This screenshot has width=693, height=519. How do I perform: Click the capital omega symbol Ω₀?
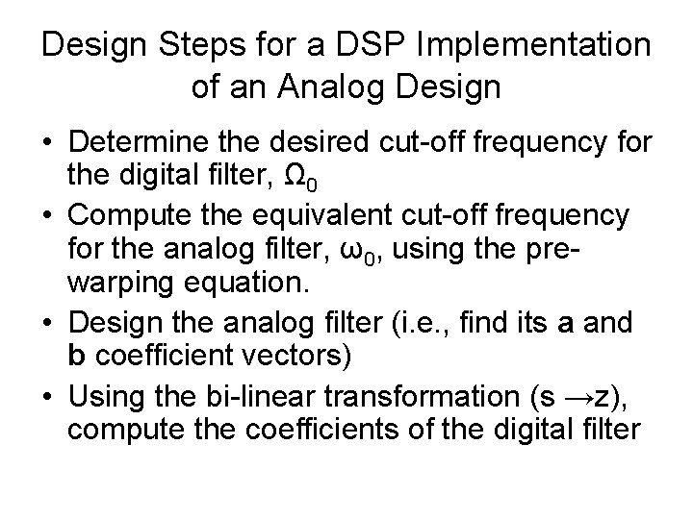320,179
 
